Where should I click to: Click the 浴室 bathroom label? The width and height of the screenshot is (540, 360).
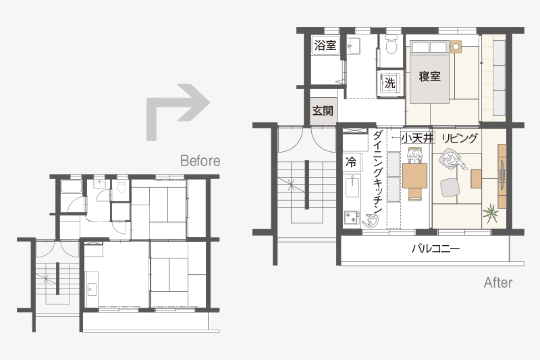tap(325, 45)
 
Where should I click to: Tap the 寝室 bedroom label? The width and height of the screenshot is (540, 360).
tap(429, 76)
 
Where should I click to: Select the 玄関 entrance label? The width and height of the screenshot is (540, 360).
tap(323, 111)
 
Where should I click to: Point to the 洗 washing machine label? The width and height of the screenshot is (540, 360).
tap(390, 82)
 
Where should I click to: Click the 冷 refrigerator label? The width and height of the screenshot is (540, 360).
tap(351, 161)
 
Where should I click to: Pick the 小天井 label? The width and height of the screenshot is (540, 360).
tap(417, 138)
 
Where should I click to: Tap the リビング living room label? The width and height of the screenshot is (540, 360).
tap(460, 138)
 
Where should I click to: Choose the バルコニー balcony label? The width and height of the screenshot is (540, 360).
tap(435, 249)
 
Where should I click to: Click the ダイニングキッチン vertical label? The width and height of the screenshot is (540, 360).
tap(378, 172)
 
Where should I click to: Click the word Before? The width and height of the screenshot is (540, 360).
tap(200, 161)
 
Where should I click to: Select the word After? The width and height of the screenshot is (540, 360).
tap(498, 282)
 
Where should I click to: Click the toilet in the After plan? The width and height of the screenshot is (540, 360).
tap(391, 45)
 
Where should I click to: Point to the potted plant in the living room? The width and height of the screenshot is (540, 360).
tap(491, 213)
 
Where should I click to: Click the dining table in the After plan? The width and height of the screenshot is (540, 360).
tap(414, 176)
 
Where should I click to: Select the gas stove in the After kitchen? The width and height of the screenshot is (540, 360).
tap(352, 217)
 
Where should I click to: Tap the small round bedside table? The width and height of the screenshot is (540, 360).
tap(455, 47)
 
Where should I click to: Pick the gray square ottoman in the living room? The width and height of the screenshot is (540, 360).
tap(450, 188)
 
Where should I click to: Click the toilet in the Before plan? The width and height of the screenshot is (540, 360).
tap(121, 186)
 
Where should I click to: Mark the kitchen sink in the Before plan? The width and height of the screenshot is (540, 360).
tap(92, 289)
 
